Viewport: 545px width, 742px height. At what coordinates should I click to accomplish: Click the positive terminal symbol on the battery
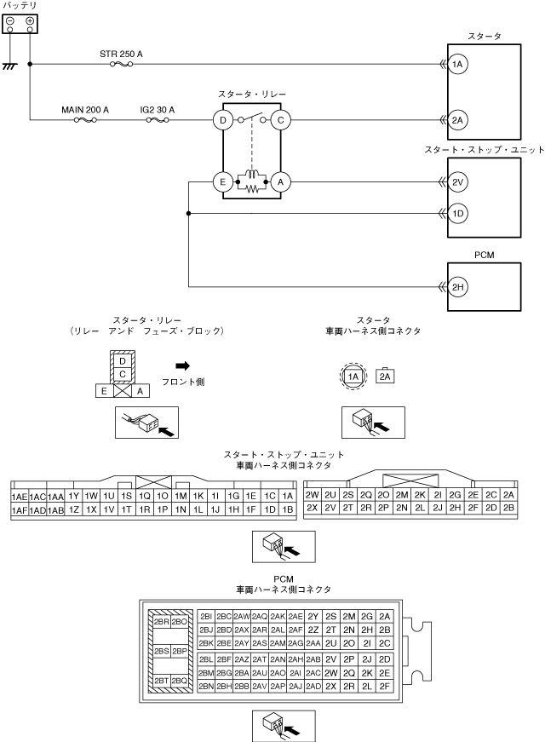pos(31,20)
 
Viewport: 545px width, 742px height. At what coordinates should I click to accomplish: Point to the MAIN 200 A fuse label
pos(85,110)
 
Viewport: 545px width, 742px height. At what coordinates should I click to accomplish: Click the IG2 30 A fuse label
pos(157,110)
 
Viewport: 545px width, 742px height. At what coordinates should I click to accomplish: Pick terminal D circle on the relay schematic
pos(222,121)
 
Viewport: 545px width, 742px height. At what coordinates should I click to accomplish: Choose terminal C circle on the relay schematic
pos(279,121)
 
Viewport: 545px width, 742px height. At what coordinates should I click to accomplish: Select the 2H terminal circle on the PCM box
pos(458,289)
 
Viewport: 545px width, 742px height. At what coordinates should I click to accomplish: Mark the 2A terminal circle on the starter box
pos(458,121)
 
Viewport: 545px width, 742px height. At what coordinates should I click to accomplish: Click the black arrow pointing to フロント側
pos(181,365)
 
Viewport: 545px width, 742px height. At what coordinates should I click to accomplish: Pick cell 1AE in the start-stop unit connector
pos(19,497)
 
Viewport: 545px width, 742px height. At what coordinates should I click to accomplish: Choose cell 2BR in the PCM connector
pos(161,621)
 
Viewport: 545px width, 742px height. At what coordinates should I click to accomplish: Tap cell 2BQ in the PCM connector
pos(179,681)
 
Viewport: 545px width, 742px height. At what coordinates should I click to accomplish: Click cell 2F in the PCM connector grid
pos(385,686)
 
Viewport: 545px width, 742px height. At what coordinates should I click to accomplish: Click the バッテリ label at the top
pos(20,5)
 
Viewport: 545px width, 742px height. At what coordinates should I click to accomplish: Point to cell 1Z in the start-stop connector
pos(73,510)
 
